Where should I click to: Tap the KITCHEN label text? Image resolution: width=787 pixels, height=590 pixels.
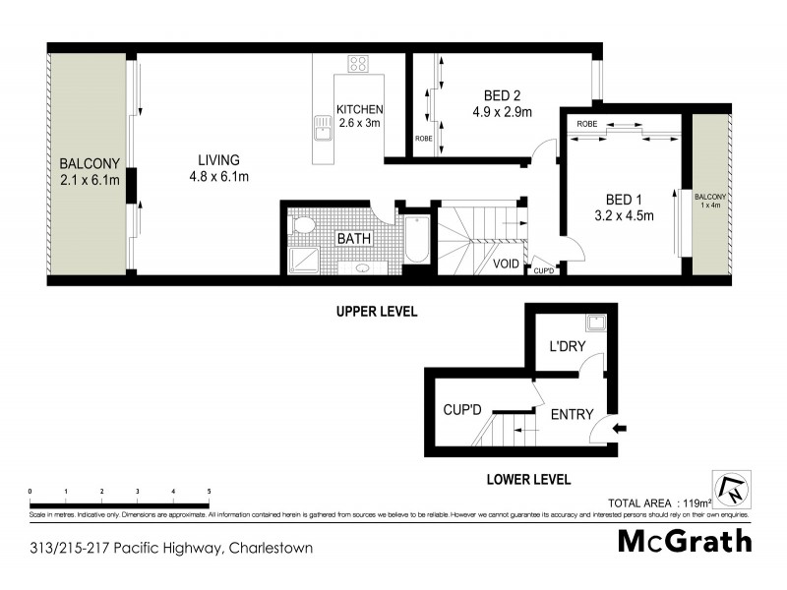tap(359, 109)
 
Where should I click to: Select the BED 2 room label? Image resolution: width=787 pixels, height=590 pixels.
tap(502, 95)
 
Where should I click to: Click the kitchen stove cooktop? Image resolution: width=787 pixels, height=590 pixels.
tap(358, 66)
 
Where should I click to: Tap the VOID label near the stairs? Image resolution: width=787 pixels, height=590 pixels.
tap(506, 264)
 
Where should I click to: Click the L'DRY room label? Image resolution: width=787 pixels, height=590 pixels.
tap(568, 346)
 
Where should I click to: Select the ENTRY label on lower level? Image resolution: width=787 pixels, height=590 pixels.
tap(572, 414)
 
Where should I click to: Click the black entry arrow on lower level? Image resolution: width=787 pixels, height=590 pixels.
tap(618, 428)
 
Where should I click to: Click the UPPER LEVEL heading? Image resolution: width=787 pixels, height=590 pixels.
tap(377, 311)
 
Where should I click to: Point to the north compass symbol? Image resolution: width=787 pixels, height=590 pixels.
tap(734, 489)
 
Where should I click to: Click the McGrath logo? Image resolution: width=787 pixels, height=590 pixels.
tap(685, 541)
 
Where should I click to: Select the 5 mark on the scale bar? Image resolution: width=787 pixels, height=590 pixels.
tap(209, 489)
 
